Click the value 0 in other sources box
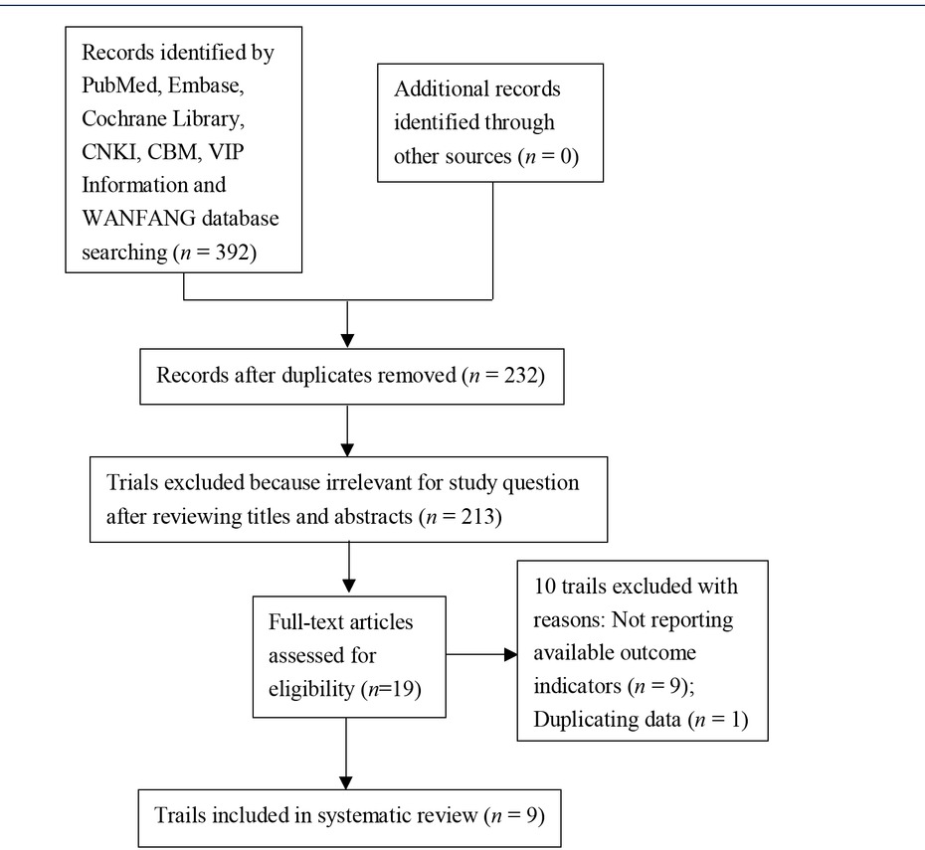[x=564, y=157]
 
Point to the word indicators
[x=581, y=687]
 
